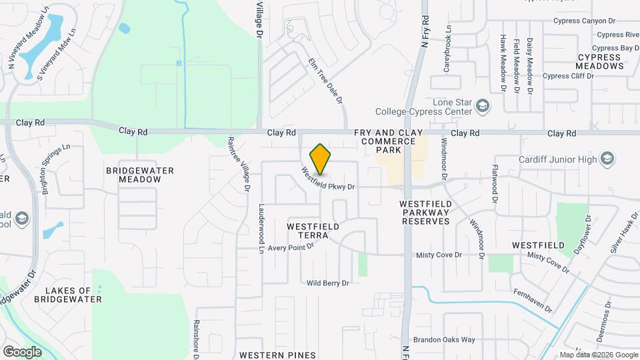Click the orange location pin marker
(321, 159)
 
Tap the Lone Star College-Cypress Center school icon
(482, 105)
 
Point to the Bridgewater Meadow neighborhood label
(140, 175)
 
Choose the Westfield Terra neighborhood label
(313, 231)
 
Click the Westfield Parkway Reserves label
(427, 212)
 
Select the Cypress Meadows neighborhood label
(599, 61)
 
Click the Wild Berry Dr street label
(328, 283)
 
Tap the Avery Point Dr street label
(291, 247)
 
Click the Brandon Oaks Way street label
(444, 339)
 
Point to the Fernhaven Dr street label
(533, 301)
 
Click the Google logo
(22, 351)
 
